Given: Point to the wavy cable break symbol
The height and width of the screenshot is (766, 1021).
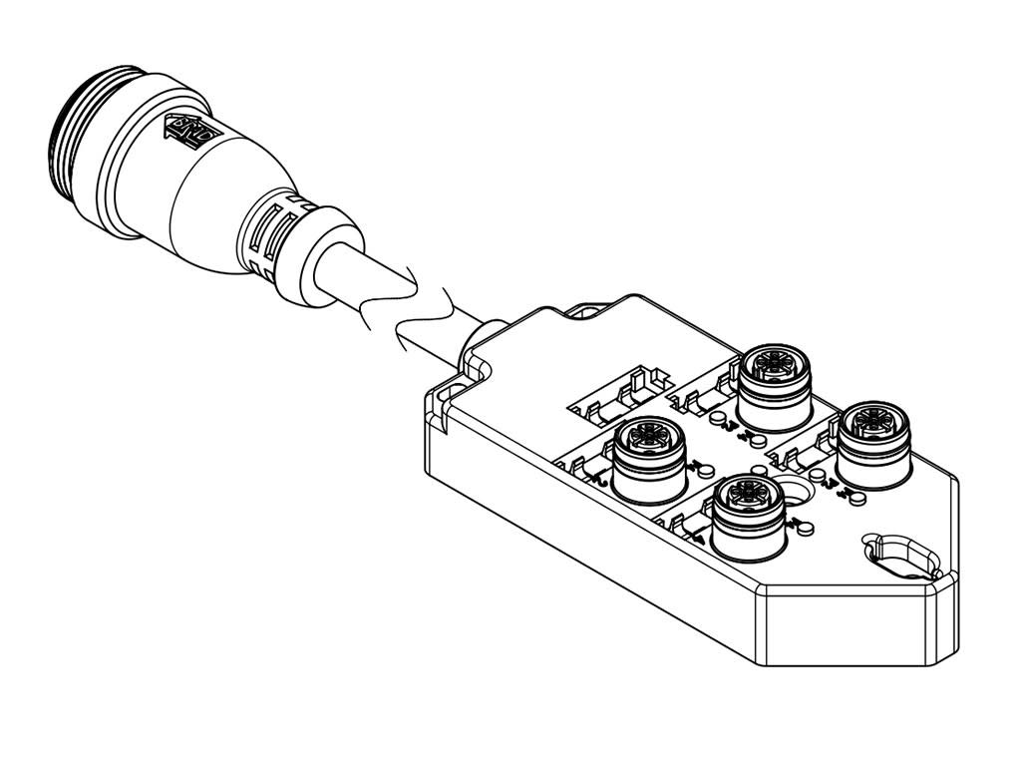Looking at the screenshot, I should tap(419, 309).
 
